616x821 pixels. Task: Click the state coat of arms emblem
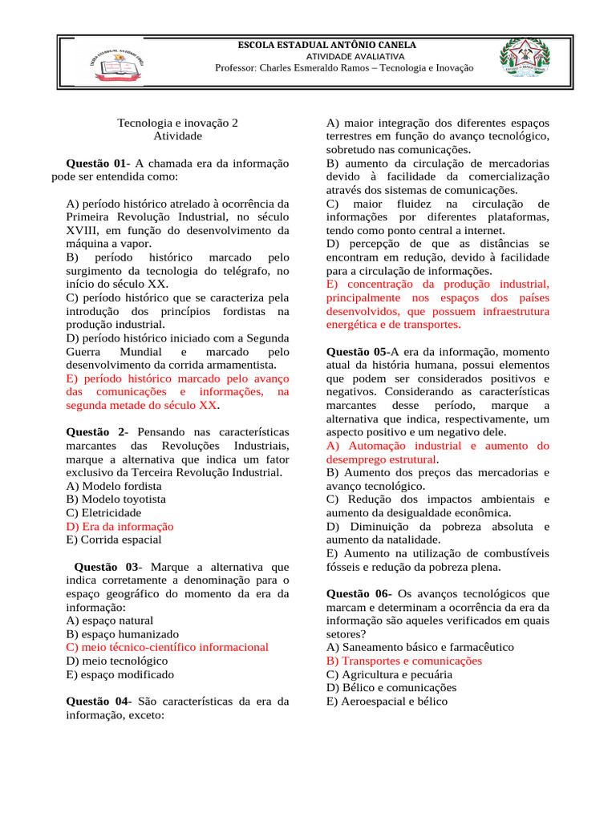click(x=525, y=59)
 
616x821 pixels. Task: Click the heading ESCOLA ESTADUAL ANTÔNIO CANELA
click(x=326, y=45)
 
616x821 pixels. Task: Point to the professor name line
click(x=344, y=68)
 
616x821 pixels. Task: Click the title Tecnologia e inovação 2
click(x=178, y=123)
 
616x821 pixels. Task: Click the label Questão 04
click(x=97, y=702)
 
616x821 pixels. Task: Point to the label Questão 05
click(x=357, y=351)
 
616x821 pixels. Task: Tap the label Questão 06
click(x=359, y=594)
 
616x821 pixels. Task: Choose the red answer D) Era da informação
click(x=120, y=527)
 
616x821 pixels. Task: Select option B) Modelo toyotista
click(x=116, y=499)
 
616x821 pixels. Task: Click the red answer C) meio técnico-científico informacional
click(x=168, y=648)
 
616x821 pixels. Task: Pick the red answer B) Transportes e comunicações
click(x=404, y=661)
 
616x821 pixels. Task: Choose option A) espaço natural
click(x=110, y=621)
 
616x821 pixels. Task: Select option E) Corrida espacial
click(x=114, y=540)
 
